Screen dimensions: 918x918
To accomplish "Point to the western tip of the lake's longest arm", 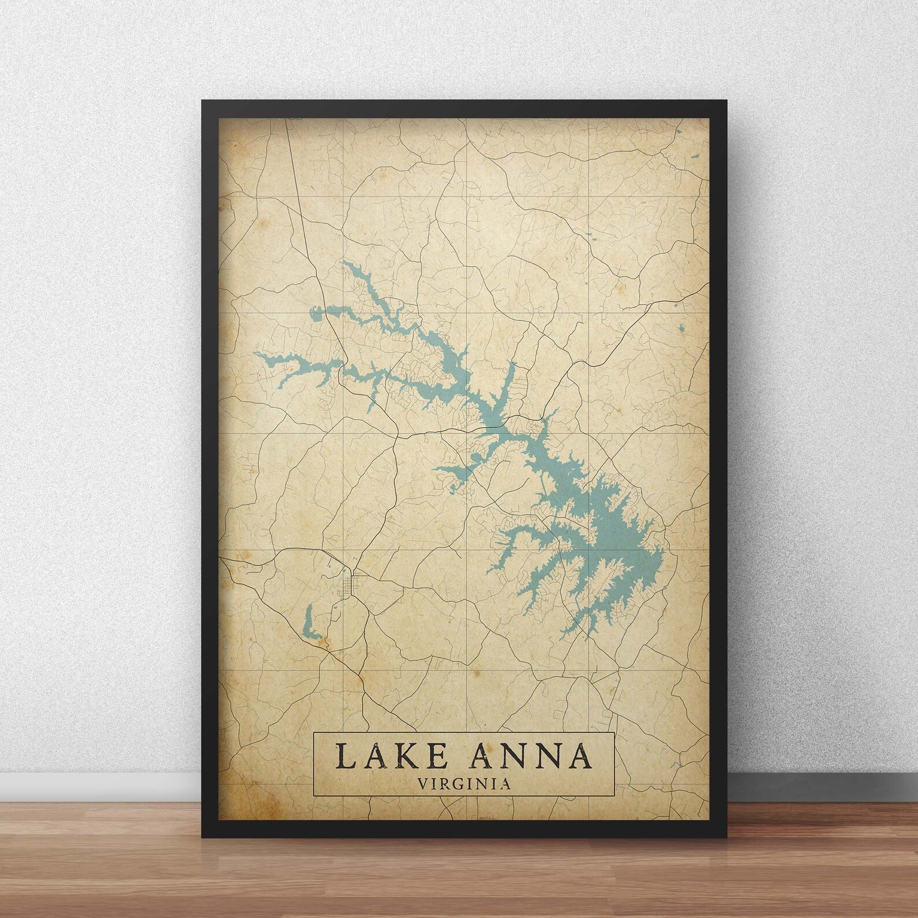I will pos(255,354).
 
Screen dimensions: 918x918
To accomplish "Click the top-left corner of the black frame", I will pos(203,102).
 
